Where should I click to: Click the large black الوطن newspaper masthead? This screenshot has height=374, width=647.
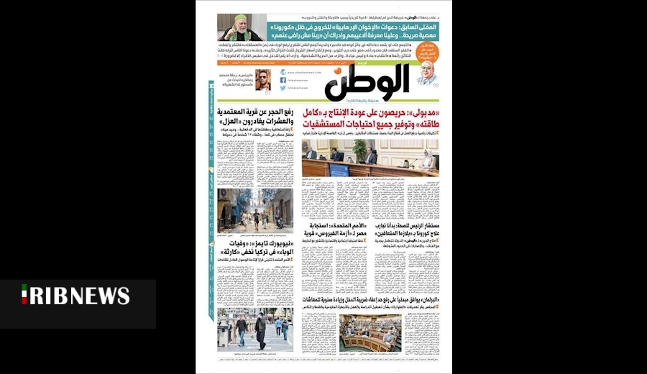(367, 83)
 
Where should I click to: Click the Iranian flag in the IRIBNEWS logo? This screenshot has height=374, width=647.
(24, 294)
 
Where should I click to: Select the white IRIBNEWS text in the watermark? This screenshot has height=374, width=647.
(80, 296)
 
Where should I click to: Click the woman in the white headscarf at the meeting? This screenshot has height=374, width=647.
(428, 160)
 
